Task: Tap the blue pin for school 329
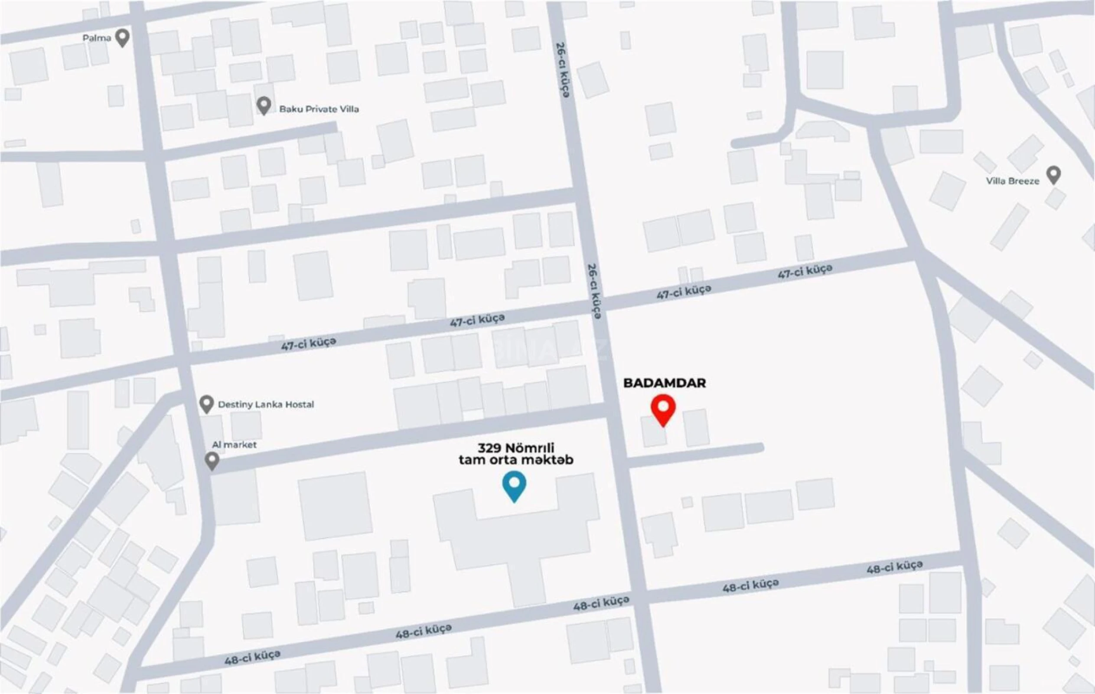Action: pos(514,484)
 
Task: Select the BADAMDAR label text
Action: pos(665,383)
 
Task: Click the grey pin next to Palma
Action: pos(122,37)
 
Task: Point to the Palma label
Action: pos(96,38)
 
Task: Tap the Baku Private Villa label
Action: pos(319,109)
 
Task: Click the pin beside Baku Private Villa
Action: pos(264,105)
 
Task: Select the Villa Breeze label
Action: pos(1013,181)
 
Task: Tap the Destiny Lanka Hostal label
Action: pos(266,404)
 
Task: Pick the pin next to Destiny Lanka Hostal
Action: pos(206,403)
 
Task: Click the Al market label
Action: pos(234,445)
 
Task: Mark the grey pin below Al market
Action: pos(212,461)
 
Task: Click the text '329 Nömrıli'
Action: pos(516,448)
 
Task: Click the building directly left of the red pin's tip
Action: pos(653,431)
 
